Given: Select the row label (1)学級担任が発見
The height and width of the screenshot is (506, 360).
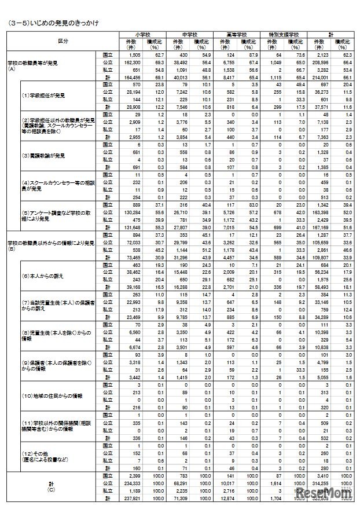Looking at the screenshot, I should coord(41,94).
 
